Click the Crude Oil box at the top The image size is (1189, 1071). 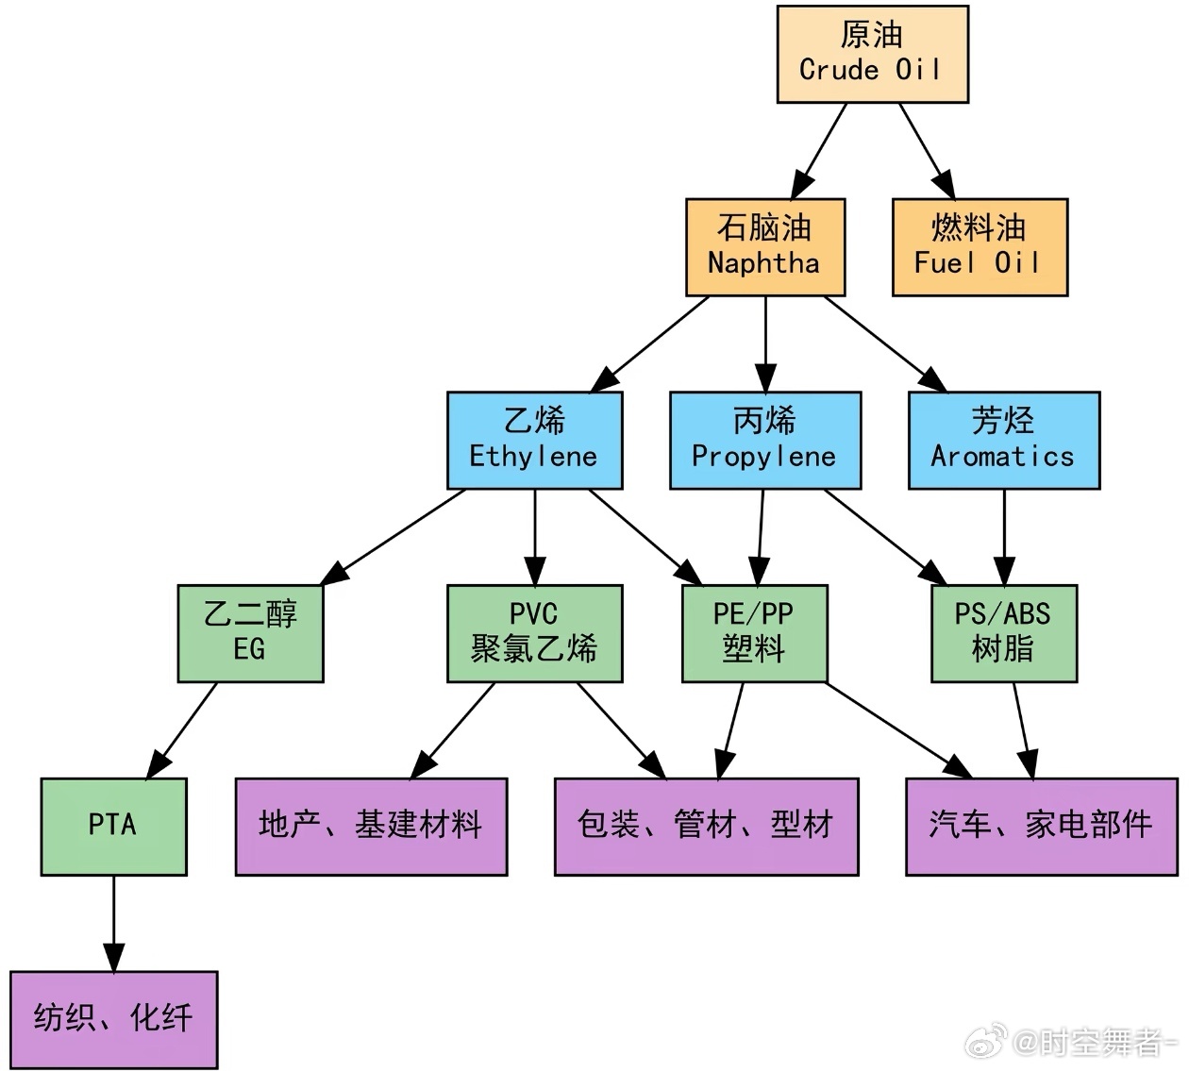pyautogui.click(x=872, y=54)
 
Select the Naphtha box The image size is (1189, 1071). pyautogui.click(x=764, y=246)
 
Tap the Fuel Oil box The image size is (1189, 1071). pyautogui.click(x=980, y=246)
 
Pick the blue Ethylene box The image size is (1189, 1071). pyautogui.click(x=534, y=440)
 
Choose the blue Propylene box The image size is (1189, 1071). pyautogui.click(x=764, y=440)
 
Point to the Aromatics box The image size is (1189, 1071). pyautogui.click(x=1003, y=440)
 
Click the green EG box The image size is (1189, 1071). pyautogui.click(x=250, y=633)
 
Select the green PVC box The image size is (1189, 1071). pyautogui.click(x=534, y=633)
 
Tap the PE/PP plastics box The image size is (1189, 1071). pyautogui.click(x=754, y=633)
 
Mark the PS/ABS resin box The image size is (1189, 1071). pyautogui.click(x=1003, y=633)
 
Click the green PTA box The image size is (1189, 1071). pyautogui.click(x=113, y=826)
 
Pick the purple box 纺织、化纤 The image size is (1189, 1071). pyautogui.click(x=113, y=1019)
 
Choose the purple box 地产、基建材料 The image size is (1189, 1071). pyautogui.click(x=371, y=826)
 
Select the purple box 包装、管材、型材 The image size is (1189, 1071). pyautogui.click(x=706, y=826)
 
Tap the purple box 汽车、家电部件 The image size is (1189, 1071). pyautogui.click(x=1041, y=826)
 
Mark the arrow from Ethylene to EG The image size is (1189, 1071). pyautogui.click(x=396, y=534)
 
